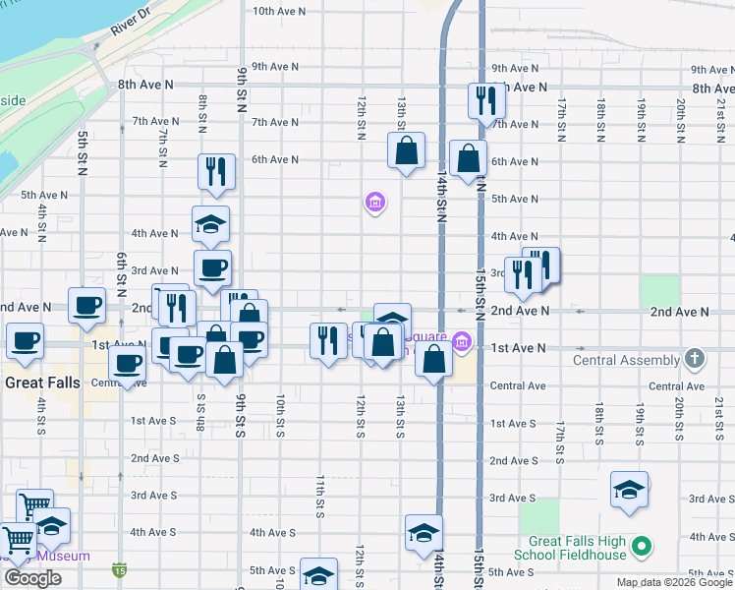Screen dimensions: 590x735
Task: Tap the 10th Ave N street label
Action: click(x=279, y=12)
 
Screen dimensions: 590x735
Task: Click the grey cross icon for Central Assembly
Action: click(x=696, y=359)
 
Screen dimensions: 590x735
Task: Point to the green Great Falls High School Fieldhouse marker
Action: click(x=643, y=545)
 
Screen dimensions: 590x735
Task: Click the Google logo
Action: click(x=32, y=578)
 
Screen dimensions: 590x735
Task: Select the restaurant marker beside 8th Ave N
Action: click(x=486, y=100)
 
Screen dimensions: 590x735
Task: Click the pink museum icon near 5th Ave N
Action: click(x=374, y=204)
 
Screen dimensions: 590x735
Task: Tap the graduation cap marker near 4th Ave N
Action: click(x=210, y=225)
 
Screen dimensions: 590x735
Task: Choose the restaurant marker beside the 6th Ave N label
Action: click(x=215, y=171)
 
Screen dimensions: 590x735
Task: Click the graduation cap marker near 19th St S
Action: click(x=629, y=490)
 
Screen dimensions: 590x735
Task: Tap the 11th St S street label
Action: click(x=320, y=497)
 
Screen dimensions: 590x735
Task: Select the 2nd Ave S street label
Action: click(x=154, y=458)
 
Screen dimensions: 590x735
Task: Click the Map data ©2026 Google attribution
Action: click(x=675, y=582)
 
